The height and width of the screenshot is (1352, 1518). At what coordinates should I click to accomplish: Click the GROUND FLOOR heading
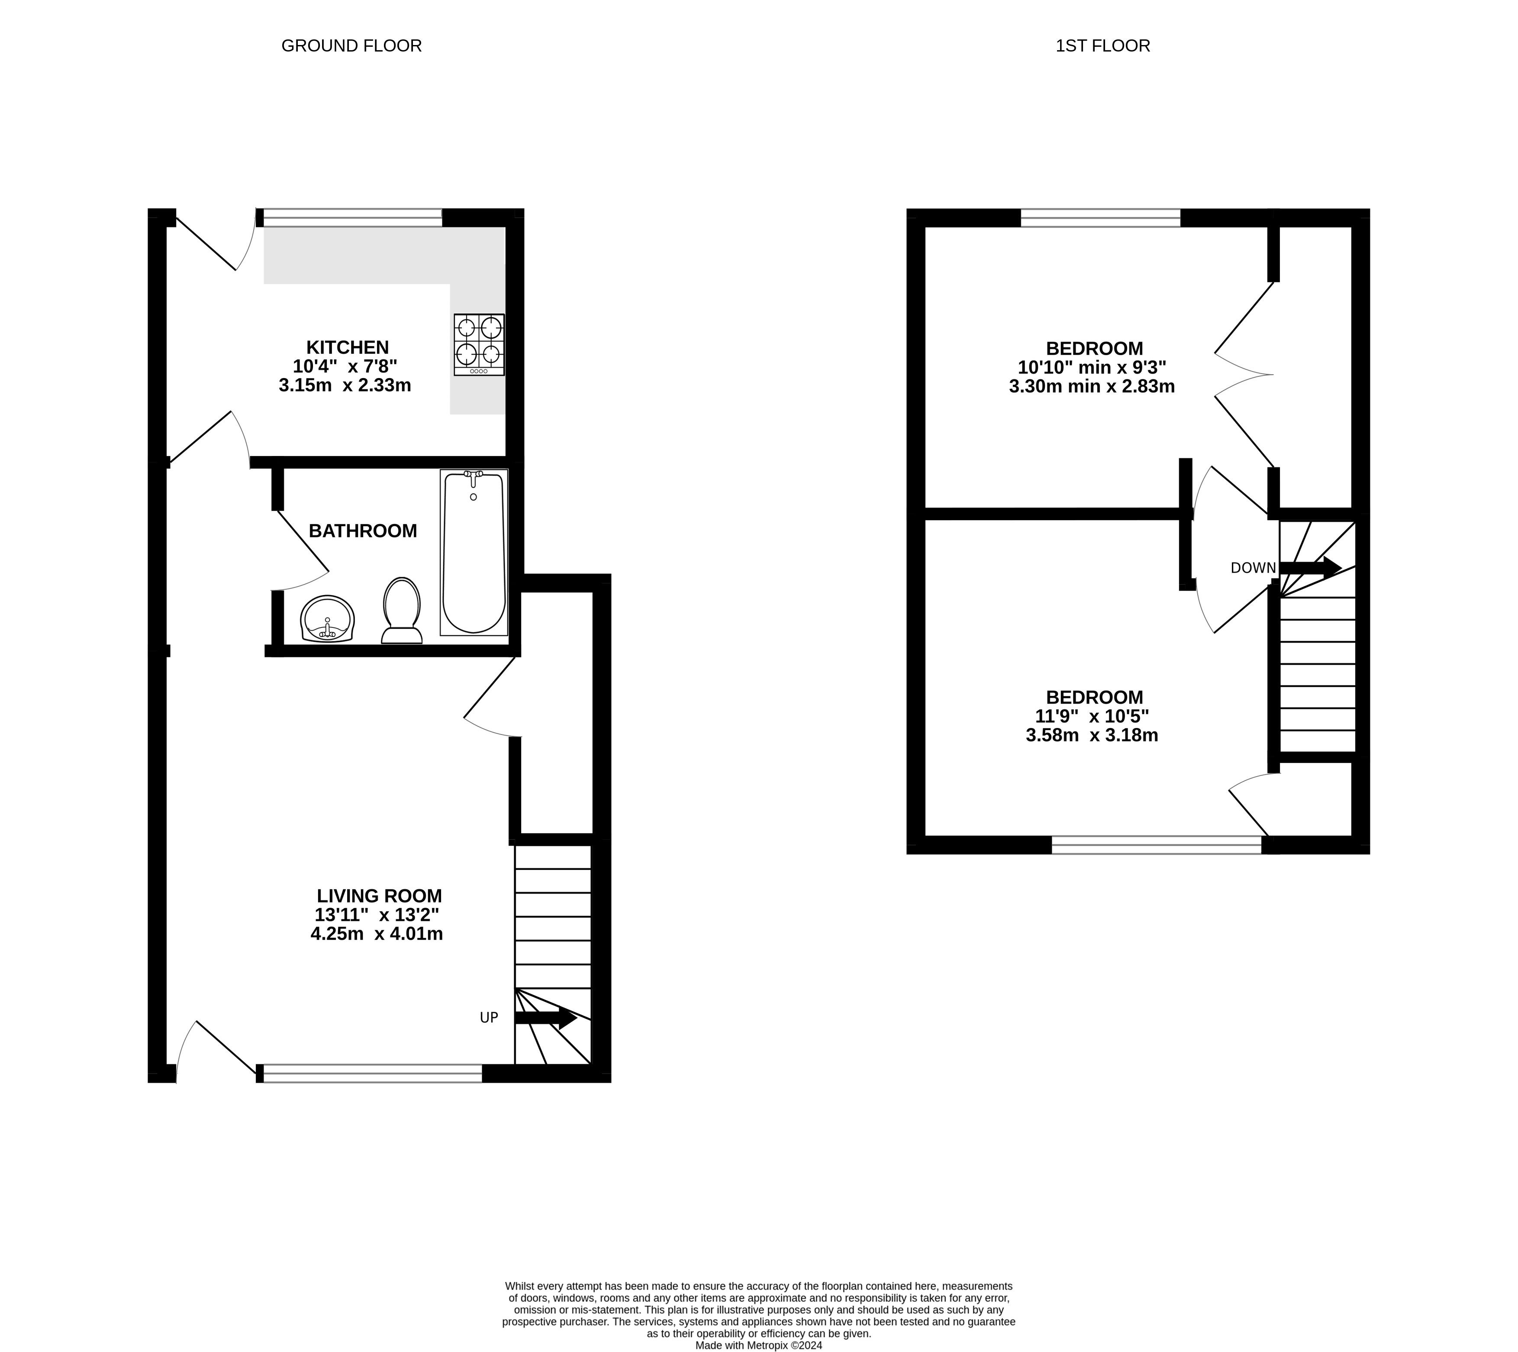(x=351, y=46)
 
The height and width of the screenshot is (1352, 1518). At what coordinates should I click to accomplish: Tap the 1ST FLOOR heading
(x=1103, y=46)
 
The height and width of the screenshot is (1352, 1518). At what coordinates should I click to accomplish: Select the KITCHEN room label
(x=348, y=347)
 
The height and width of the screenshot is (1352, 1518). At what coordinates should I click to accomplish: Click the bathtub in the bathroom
(x=474, y=553)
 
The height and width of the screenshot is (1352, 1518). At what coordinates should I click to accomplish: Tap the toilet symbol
(x=402, y=611)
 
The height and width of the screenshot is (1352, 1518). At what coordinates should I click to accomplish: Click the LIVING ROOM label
(x=380, y=896)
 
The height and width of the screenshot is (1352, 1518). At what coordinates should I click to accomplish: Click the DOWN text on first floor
(x=1253, y=568)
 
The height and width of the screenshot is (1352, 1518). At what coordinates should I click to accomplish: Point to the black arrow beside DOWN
(x=1310, y=568)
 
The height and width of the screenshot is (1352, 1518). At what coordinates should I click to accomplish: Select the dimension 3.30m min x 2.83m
(x=1092, y=386)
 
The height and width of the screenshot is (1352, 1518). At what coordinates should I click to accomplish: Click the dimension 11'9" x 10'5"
(x=1092, y=716)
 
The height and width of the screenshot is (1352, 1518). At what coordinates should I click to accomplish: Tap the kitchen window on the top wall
(x=353, y=218)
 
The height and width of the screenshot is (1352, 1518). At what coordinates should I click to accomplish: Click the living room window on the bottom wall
(x=373, y=1074)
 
